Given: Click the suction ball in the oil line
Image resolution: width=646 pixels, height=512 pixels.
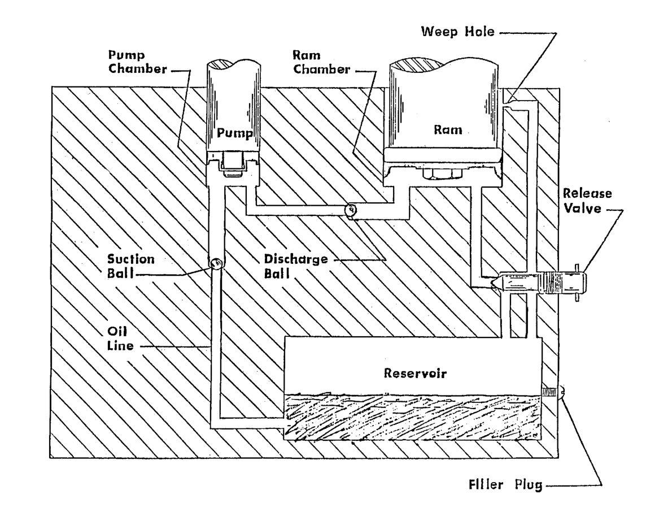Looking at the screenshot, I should pyautogui.click(x=216, y=263).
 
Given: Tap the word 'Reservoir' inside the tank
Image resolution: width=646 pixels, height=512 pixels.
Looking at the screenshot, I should pyautogui.click(x=411, y=374).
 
